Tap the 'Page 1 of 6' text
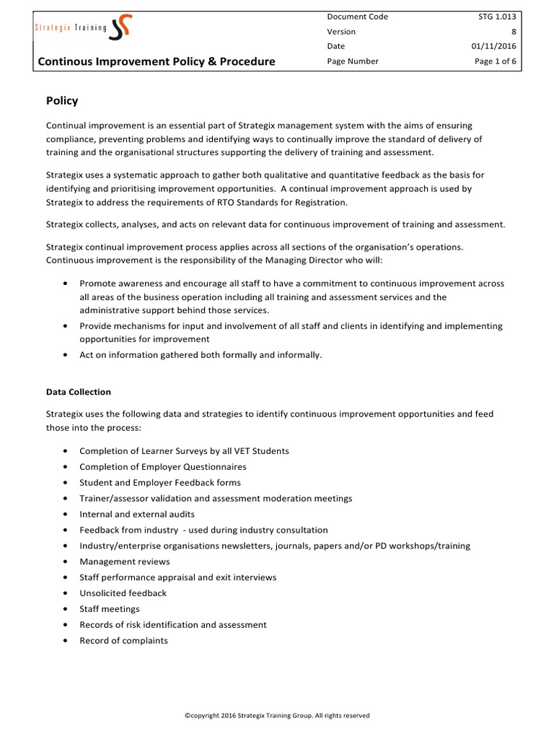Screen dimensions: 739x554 point(496,61)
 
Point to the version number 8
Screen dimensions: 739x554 point(514,31)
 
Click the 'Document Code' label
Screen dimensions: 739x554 point(357,16)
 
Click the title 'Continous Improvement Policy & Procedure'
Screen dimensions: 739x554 point(157,61)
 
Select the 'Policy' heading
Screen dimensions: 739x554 point(62,101)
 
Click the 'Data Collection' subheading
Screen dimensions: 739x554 point(79,392)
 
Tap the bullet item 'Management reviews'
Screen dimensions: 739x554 point(125,561)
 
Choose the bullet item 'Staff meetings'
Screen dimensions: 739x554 point(110,609)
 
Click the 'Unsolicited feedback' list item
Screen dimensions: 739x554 point(123,593)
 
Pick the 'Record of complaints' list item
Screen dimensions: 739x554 point(123,641)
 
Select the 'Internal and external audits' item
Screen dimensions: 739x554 point(137,515)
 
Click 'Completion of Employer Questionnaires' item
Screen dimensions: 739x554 point(163,467)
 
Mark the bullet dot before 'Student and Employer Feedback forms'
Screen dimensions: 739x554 point(66,483)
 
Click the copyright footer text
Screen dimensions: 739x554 point(277,716)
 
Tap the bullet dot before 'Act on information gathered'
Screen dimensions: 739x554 point(66,355)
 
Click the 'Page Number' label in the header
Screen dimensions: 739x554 point(353,61)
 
